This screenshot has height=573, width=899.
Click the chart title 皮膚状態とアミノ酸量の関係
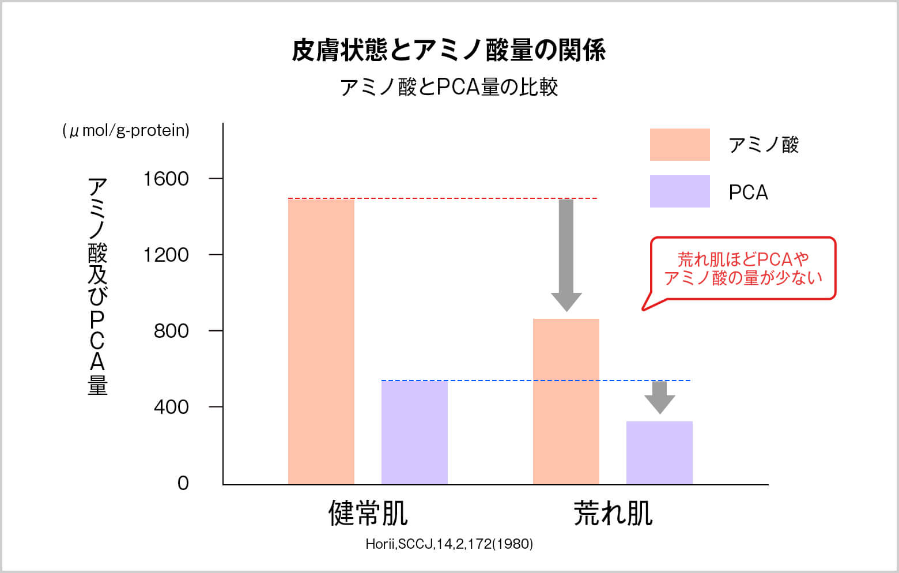click(448, 51)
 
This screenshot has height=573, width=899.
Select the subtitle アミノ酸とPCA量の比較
click(448, 87)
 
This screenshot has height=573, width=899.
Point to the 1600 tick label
click(166, 179)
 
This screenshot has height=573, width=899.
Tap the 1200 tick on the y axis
click(166, 255)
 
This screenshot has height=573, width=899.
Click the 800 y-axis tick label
click(171, 331)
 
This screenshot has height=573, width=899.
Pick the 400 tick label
click(171, 407)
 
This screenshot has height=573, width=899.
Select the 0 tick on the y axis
click(183, 483)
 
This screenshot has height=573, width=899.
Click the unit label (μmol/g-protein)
click(126, 131)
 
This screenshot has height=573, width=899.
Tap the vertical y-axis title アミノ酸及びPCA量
click(97, 286)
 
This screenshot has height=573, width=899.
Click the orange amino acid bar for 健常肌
click(321, 341)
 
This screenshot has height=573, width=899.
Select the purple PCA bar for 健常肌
click(414, 432)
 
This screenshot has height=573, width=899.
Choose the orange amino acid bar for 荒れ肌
click(566, 401)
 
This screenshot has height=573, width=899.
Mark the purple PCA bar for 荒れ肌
click(659, 453)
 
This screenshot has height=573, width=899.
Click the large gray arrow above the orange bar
click(566, 254)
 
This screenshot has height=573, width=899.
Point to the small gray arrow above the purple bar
click(659, 397)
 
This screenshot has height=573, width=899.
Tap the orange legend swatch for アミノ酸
click(679, 145)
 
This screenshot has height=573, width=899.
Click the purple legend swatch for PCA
click(679, 191)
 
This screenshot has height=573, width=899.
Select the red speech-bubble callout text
click(743, 269)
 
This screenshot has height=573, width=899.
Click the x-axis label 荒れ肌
click(613, 513)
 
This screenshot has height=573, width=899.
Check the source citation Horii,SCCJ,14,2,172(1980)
click(449, 544)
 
